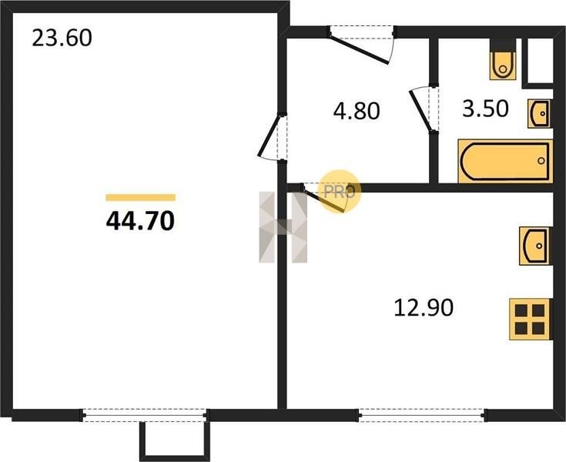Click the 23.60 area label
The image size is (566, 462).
pyautogui.click(x=62, y=38)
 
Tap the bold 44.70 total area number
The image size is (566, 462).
pyautogui.click(x=140, y=221)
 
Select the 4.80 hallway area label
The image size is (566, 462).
pyautogui.click(x=357, y=111)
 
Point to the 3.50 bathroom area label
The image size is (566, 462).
pyautogui.click(x=485, y=109)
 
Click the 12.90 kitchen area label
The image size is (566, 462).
pyautogui.click(x=424, y=308)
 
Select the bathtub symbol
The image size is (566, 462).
pyautogui.click(x=505, y=161)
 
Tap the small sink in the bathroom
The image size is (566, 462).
pyautogui.click(x=539, y=114)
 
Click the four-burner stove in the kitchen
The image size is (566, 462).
pyautogui.click(x=530, y=319)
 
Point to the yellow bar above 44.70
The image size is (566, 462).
pyautogui.click(x=140, y=197)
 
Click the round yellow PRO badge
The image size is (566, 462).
pyautogui.click(x=340, y=191)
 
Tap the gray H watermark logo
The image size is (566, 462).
pyautogui.click(x=283, y=227)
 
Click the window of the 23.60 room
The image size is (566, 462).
pyautogui.click(x=145, y=415)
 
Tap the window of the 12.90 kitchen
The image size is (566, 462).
pyautogui.click(x=422, y=415)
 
